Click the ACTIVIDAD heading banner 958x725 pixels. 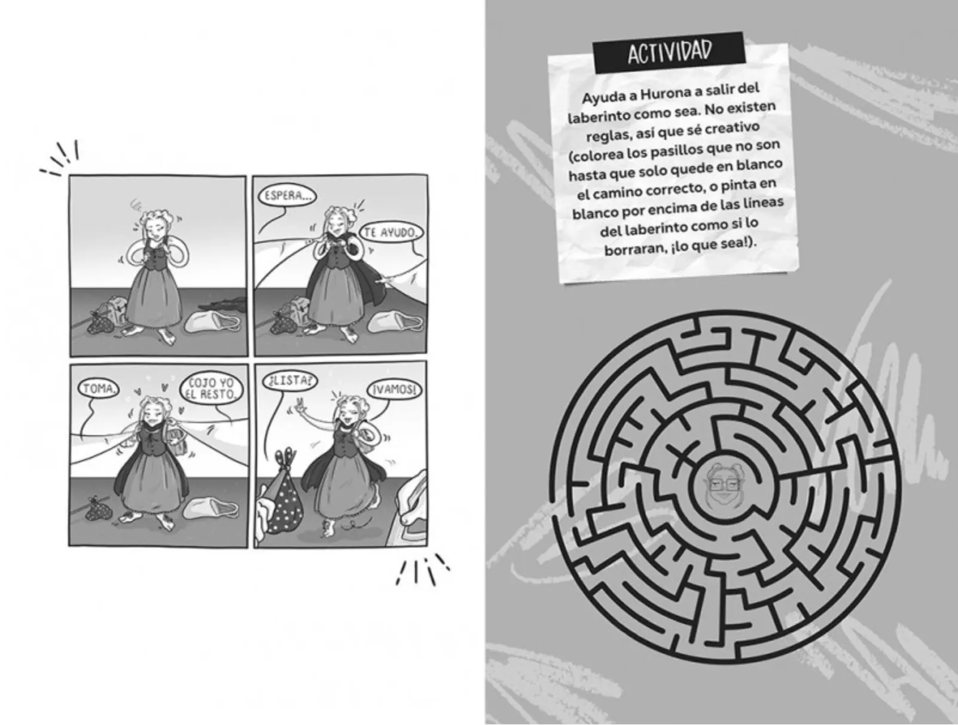(x=669, y=53)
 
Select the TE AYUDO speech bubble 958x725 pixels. (x=391, y=233)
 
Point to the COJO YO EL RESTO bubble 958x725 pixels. (x=211, y=388)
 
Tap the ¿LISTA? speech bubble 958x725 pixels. (x=290, y=380)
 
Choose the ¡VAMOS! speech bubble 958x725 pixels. (x=395, y=390)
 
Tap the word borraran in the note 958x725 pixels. (x=632, y=249)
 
